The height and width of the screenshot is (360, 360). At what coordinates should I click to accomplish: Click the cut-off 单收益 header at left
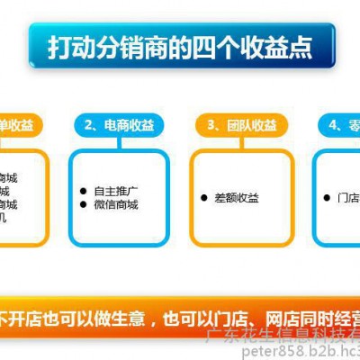[18, 125]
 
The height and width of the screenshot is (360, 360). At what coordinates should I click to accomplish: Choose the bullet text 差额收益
[236, 198]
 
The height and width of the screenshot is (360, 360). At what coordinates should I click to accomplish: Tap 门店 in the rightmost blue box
[346, 198]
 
